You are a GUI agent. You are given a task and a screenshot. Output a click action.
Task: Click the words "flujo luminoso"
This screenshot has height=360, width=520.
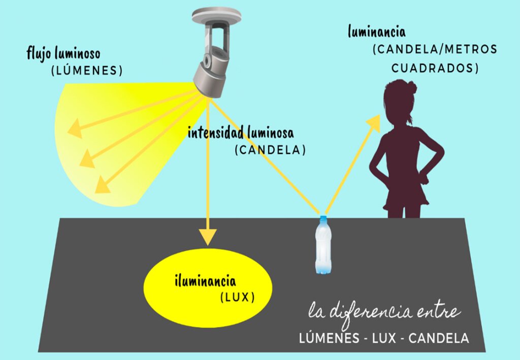pos(63,53)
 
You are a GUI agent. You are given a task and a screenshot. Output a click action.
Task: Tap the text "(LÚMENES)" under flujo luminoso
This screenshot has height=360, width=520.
pos(87,70)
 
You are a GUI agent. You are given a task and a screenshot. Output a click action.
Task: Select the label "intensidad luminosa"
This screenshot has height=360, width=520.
pos(241,133)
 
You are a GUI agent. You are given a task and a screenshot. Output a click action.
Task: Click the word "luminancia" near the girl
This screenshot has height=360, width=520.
pos(377,32)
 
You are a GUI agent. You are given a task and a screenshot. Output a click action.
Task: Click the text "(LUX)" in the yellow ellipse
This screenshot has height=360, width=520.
pos(237,297)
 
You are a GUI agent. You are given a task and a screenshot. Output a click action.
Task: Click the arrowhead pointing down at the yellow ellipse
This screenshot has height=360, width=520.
pos(207,236)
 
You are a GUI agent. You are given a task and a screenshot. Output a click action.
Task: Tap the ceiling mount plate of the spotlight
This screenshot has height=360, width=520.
pos(213,16)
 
